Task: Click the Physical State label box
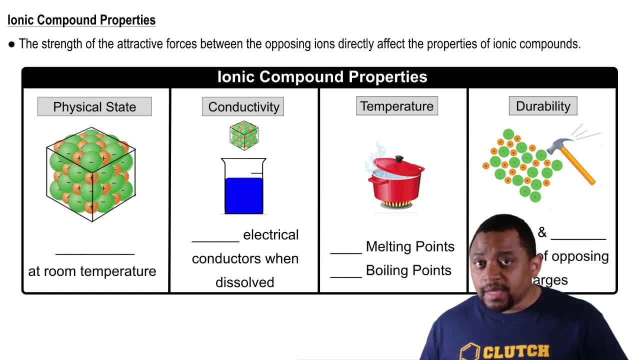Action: coord(94,107)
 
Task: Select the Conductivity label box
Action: coord(243,107)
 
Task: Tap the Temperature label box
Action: coord(397,106)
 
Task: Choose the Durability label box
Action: coord(543,106)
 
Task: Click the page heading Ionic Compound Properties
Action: coord(81,20)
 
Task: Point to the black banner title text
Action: coord(322,77)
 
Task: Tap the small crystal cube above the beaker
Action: coord(244,135)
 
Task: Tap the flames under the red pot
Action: coord(396,204)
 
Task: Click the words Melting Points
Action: coord(410,246)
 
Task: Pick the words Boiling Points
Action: coord(408,270)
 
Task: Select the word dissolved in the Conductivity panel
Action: coord(244,282)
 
